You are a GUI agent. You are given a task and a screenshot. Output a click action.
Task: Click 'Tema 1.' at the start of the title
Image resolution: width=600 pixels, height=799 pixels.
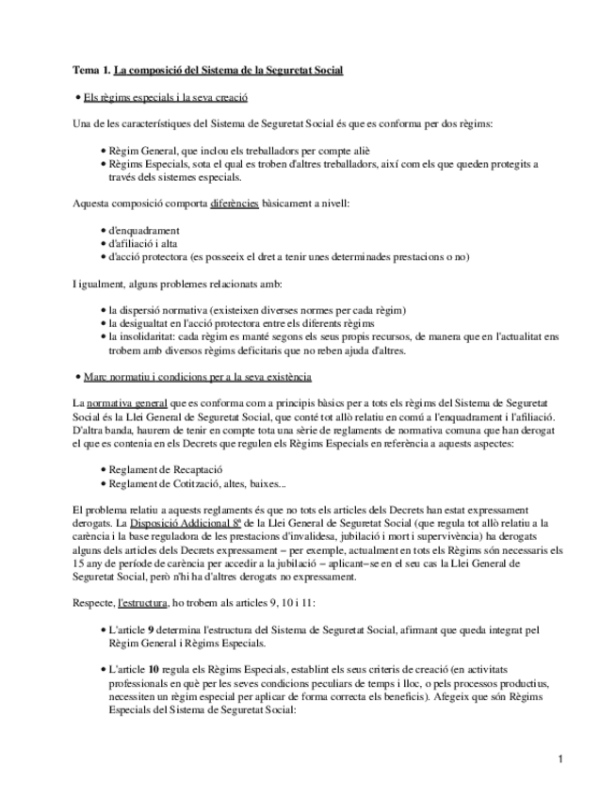click(x=91, y=70)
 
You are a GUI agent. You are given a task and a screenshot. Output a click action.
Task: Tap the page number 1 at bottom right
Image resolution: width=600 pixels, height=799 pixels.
click(x=559, y=759)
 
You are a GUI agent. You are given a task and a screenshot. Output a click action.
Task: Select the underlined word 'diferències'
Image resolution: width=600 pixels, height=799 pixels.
click(x=235, y=204)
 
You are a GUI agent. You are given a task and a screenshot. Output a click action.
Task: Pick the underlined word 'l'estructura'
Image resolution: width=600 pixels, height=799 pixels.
click(x=142, y=600)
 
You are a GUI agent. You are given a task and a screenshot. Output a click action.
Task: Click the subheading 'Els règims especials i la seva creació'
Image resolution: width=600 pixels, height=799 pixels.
click(x=166, y=97)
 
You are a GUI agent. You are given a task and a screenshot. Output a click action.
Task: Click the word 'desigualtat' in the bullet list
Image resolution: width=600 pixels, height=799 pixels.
click(x=149, y=323)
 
